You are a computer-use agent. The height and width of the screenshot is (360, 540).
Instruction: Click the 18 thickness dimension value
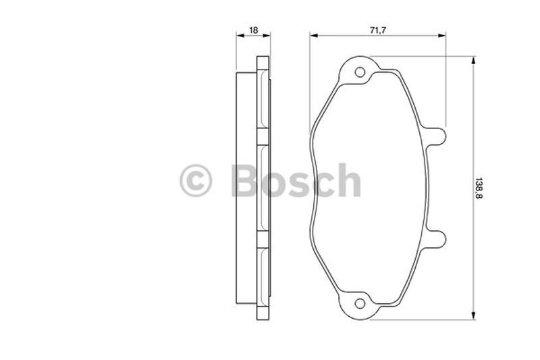(253, 30)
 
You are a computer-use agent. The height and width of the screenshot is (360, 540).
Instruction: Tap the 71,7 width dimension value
(378, 30)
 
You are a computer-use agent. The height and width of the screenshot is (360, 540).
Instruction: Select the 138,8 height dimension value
(479, 188)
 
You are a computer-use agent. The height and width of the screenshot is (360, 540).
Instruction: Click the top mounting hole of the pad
(360, 72)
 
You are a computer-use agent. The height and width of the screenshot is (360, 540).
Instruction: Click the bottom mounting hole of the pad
(360, 303)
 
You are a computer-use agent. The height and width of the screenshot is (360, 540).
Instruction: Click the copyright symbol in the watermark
(196, 180)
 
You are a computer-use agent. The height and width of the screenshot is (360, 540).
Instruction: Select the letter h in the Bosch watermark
(348, 180)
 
